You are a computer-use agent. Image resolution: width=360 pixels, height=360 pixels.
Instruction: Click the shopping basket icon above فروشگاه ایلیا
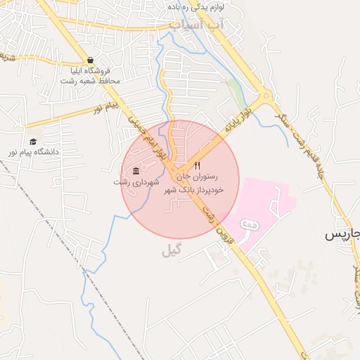[x=90, y=60]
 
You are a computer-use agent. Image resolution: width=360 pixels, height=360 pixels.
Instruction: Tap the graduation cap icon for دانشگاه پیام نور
[x=33, y=141]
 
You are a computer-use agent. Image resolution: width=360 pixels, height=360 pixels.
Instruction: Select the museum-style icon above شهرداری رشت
[x=136, y=172]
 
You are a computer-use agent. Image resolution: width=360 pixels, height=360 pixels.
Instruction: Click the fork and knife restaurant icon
[x=197, y=165]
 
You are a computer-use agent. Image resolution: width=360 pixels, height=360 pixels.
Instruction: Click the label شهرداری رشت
[x=131, y=182]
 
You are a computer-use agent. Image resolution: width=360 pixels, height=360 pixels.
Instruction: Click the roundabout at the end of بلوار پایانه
[x=265, y=96]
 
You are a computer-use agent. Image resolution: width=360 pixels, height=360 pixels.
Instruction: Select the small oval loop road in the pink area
[x=248, y=224]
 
